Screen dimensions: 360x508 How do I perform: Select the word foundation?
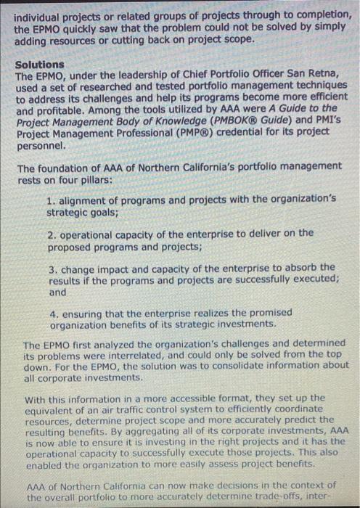(67, 166)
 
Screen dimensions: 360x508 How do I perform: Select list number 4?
(52, 313)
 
